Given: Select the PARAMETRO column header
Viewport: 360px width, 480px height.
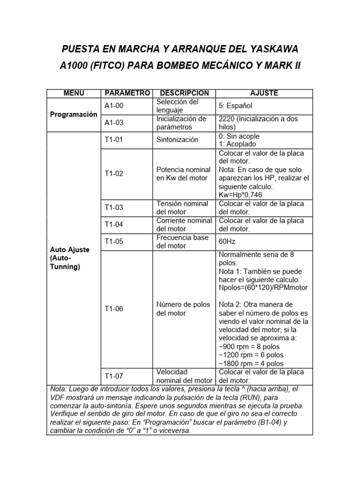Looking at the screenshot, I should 127,93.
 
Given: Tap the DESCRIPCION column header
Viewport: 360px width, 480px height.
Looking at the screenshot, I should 184,93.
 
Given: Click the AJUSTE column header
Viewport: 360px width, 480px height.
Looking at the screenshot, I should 264,93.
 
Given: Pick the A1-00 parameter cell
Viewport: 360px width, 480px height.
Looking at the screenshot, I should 113,106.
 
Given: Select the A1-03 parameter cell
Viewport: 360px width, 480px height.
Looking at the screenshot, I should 113,123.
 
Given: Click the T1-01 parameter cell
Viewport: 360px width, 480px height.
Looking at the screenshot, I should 113,140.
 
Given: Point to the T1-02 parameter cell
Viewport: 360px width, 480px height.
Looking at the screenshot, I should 113,173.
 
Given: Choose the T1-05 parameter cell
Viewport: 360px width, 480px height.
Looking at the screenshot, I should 113,241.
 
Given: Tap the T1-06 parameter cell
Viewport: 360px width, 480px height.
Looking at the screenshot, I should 113,309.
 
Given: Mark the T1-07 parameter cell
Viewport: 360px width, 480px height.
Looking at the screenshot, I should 113,376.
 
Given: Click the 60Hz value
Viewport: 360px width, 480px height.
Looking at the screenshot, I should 227,242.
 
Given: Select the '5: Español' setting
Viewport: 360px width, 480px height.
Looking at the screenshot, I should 239,106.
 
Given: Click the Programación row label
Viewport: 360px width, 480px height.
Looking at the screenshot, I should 73,114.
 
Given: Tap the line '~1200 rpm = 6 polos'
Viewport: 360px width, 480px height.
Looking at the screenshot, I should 251,355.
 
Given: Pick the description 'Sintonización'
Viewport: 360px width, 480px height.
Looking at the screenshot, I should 177,140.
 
